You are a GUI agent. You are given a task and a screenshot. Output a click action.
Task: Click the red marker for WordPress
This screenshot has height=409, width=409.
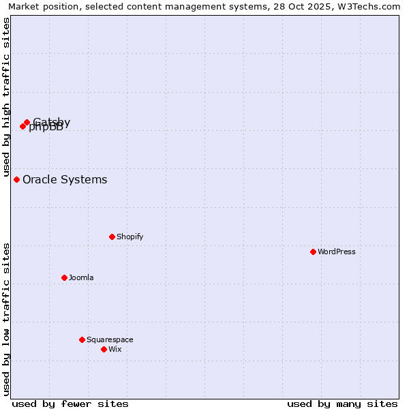coord(313,252)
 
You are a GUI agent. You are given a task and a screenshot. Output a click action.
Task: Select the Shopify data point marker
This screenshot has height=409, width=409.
coord(112,237)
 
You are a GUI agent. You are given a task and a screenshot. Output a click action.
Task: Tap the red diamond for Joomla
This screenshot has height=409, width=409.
coord(64,277)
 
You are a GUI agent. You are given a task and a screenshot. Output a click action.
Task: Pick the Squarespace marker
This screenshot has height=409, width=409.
coord(82,339)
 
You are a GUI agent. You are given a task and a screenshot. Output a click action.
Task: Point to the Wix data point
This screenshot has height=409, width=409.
coord(104,349)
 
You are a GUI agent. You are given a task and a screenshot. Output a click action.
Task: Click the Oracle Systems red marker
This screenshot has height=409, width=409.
coord(16,179)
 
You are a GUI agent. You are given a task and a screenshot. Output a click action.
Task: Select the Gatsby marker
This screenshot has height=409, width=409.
coord(27,123)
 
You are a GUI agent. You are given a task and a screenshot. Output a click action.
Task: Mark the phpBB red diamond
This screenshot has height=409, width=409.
coord(22,126)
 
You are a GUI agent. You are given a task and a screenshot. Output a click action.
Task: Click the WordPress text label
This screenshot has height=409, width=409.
coord(337,252)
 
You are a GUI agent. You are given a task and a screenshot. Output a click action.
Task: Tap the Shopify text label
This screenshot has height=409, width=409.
coord(130,237)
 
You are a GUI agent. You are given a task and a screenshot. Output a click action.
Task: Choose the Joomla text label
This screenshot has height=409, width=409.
coord(81,277)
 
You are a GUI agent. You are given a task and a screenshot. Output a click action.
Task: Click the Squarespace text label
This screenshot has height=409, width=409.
coord(110,339)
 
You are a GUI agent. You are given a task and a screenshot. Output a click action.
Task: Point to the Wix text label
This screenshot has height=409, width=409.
coord(115,349)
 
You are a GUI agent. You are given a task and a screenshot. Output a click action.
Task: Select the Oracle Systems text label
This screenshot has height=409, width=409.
coord(65,179)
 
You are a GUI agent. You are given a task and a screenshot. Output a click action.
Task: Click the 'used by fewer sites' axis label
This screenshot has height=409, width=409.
coord(70,404)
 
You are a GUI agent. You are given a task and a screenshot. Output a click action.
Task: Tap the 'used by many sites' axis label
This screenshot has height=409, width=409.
coord(342,404)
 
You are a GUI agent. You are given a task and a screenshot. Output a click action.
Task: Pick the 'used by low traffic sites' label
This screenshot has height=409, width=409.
coord(6,319)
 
